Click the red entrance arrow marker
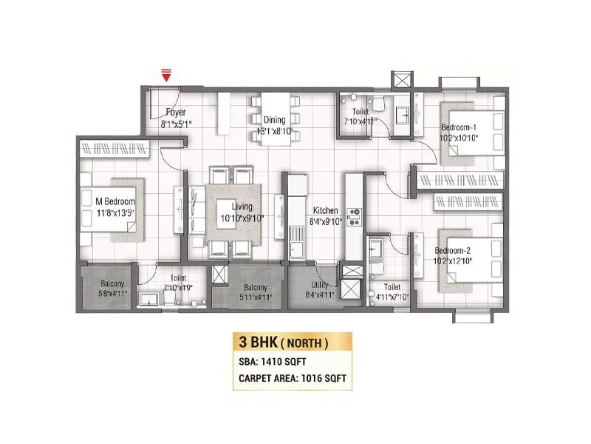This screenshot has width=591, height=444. [167, 75]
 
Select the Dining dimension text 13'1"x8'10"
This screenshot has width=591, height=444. [275, 130]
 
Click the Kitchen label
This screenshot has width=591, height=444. [324, 210]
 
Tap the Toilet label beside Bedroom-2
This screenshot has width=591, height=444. [392, 286]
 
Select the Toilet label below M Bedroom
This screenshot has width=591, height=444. [174, 278]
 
